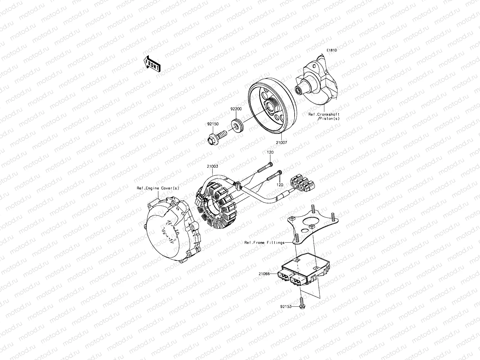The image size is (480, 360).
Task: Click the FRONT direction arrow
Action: click(152, 64)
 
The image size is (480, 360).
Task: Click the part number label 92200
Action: click(236, 110)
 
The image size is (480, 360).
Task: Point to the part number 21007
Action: click(281, 143)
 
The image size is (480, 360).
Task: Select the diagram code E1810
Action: click(332, 50)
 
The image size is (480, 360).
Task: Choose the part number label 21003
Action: click(212, 166)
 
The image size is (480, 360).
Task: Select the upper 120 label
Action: click(270, 152)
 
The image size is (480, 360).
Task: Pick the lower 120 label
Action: click(279, 185)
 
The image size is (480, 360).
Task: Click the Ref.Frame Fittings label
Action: click(264, 242)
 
